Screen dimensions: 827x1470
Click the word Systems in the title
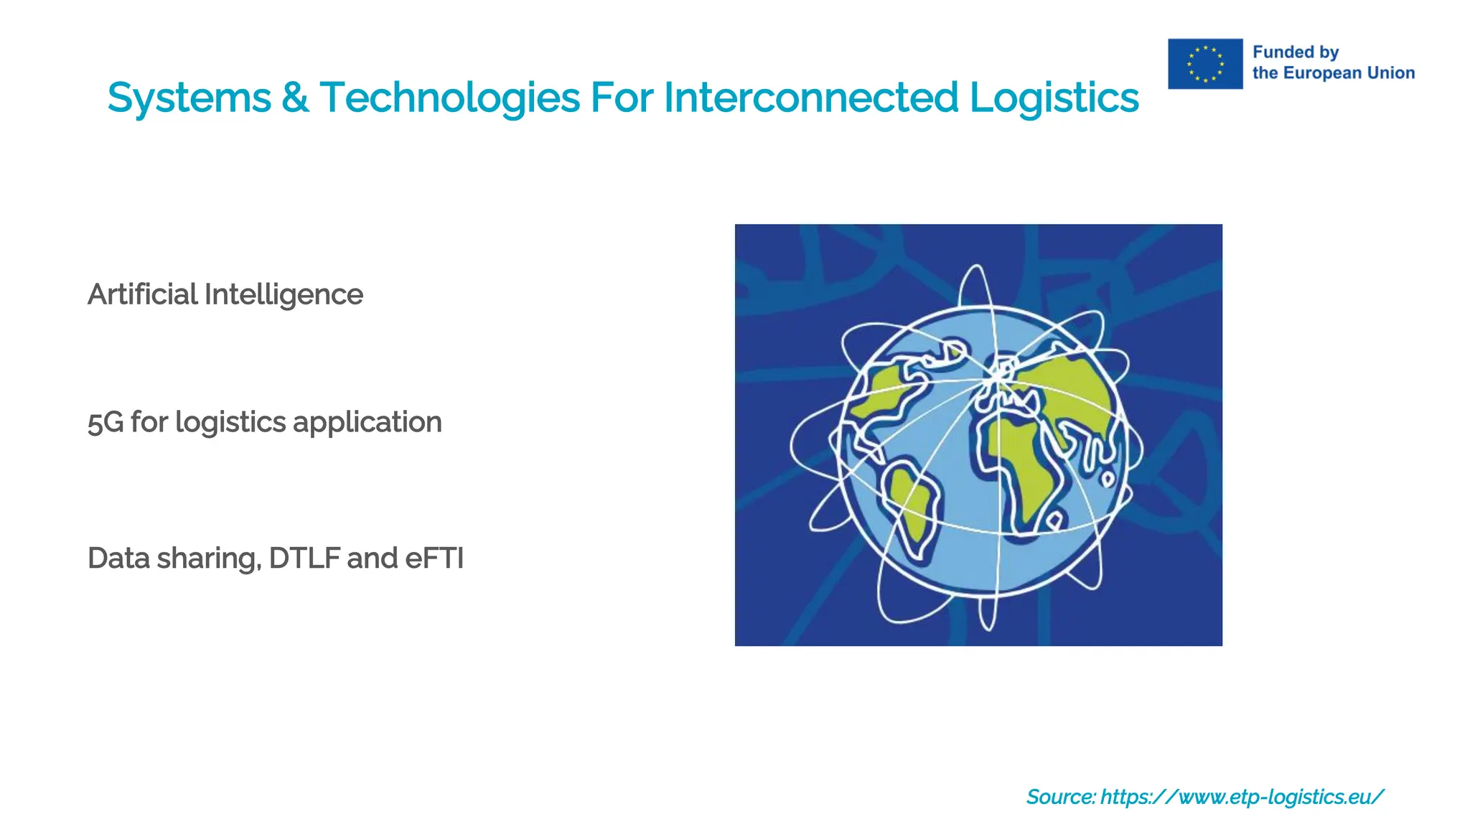(189, 98)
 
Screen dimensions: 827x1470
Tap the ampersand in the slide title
(295, 98)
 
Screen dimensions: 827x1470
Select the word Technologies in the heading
(449, 98)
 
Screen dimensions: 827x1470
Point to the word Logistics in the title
(1054, 98)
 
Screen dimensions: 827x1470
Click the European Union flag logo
(1205, 64)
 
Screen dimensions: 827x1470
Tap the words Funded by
(1296, 52)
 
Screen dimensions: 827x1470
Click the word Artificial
(142, 294)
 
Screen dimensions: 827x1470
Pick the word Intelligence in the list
(284, 294)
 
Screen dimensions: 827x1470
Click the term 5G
(106, 422)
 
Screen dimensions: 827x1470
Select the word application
(367, 422)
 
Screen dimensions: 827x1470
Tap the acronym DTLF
(304, 559)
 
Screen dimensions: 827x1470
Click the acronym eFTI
(434, 559)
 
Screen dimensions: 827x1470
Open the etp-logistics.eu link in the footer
(1242, 797)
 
